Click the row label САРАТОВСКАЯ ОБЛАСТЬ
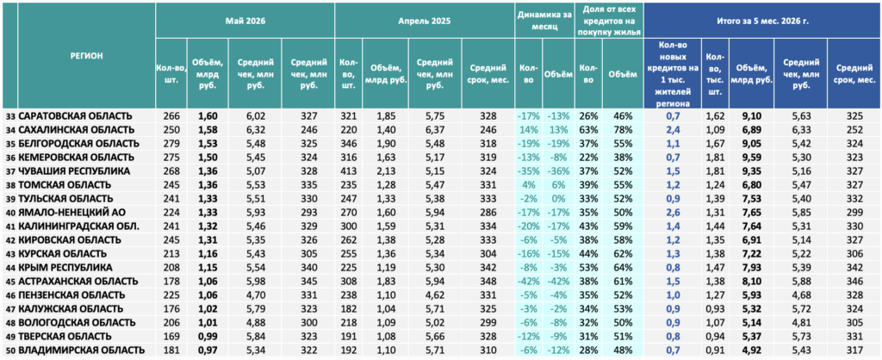[76, 116]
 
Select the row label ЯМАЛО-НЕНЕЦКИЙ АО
[71, 212]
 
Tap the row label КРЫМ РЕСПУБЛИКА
[65, 267]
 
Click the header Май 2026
[245, 21]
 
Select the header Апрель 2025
[425, 21]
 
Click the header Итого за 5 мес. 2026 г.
[762, 21]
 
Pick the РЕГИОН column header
[87, 55]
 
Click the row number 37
[10, 171]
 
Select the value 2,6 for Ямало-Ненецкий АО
[671, 212]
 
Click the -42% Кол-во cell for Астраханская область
[528, 282]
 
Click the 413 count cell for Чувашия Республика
[349, 171]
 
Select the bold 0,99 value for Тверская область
[208, 336]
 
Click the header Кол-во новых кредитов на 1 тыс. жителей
[672, 73]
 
